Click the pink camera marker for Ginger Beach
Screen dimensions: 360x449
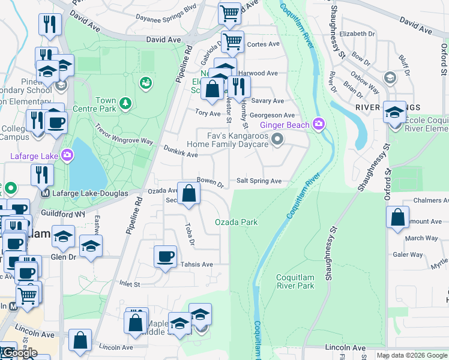tap(318, 124)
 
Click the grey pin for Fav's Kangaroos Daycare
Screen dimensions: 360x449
tap(277, 140)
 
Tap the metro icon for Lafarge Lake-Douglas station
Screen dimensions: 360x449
tap(44, 193)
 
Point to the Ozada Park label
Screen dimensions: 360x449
tap(237, 222)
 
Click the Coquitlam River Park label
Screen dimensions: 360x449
tap(295, 281)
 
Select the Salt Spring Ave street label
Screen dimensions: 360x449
tap(259, 181)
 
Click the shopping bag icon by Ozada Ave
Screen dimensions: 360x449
tap(188, 193)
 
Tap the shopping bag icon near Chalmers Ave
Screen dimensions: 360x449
tap(397, 218)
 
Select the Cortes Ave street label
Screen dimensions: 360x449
tap(264, 44)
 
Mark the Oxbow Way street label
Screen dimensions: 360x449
tap(366, 87)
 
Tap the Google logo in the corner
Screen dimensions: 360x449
tap(20, 353)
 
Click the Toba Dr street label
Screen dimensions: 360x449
tap(189, 236)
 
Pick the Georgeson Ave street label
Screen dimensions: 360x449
tap(273, 115)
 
